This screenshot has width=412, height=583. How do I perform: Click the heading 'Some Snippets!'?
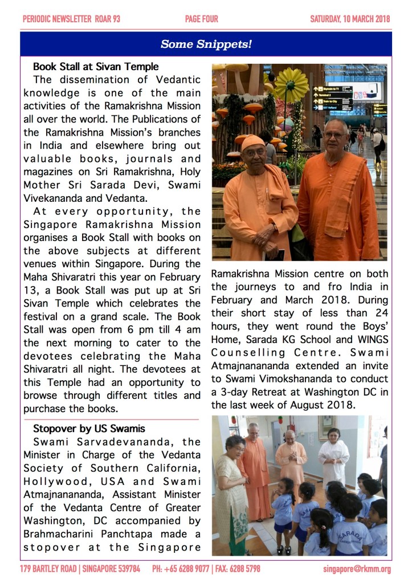(x=206, y=44)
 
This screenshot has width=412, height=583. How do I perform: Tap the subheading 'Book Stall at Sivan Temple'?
(x=96, y=67)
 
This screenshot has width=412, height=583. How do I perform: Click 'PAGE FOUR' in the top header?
(x=201, y=19)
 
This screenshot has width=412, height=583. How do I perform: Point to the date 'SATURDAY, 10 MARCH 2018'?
(x=350, y=19)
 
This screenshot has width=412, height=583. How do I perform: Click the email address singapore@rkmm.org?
(x=357, y=569)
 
